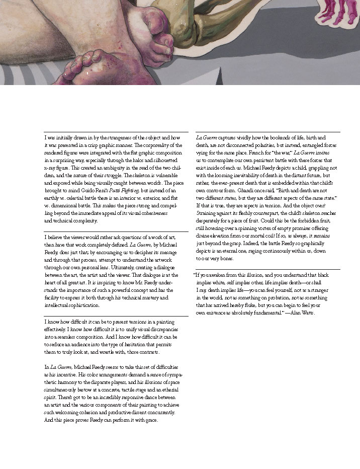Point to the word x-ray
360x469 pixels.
click(x=50, y=167)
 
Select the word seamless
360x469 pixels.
click(x=70, y=337)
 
